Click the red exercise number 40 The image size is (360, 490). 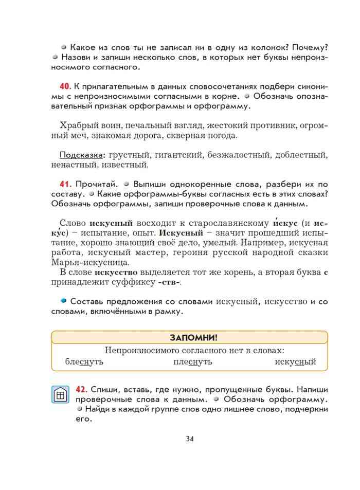(x=65, y=84)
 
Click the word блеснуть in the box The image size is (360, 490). (x=84, y=362)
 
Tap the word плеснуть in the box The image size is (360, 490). (x=193, y=362)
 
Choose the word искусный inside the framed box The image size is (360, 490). (x=295, y=362)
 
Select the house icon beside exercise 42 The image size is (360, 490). (x=60, y=395)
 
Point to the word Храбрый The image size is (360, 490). (x=76, y=126)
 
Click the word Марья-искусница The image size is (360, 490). (x=83, y=263)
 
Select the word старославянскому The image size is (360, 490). (x=228, y=224)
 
